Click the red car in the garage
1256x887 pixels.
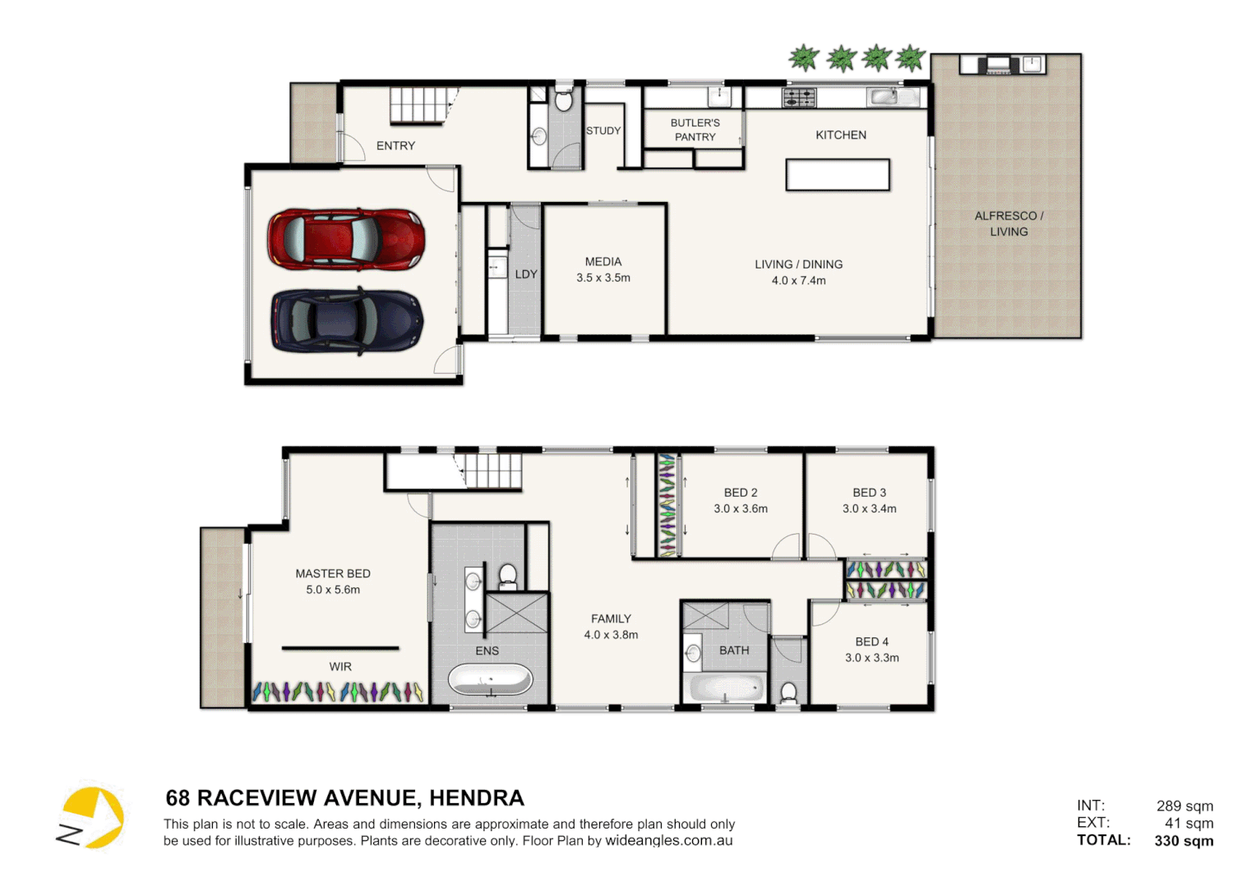click(x=346, y=239)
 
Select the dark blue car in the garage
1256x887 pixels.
click(x=346, y=320)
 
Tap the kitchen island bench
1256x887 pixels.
click(x=837, y=175)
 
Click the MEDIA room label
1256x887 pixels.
click(x=603, y=262)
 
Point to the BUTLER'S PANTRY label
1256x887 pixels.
click(x=695, y=130)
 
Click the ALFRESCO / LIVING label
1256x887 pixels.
click(x=1009, y=223)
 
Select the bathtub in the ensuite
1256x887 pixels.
click(x=490, y=681)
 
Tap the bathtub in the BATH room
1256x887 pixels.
click(x=726, y=687)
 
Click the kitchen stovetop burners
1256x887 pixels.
click(x=799, y=98)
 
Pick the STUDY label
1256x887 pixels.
click(x=603, y=131)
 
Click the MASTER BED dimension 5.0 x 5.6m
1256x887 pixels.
click(x=333, y=590)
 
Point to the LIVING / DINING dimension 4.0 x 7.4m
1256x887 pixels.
click(x=798, y=281)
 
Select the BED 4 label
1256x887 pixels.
click(x=871, y=641)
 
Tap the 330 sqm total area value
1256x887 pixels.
click(x=1184, y=840)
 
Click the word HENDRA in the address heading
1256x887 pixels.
click(x=476, y=798)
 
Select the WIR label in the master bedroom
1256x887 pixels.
click(x=340, y=667)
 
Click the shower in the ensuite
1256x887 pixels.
click(x=517, y=613)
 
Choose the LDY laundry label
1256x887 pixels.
click(x=526, y=274)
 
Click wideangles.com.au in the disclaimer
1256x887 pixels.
click(x=668, y=841)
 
